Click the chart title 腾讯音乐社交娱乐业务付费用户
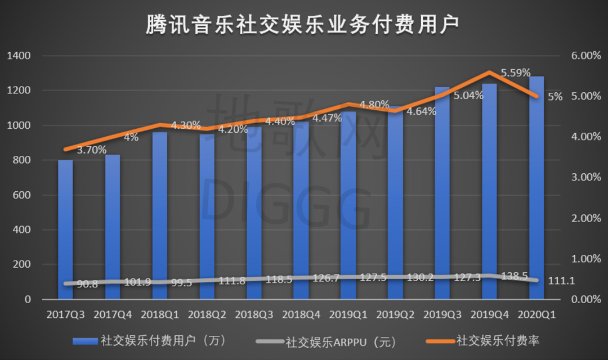pos(303,24)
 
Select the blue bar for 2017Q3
pos(65,225)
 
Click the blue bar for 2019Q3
pos(442,191)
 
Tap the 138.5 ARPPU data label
pos(512,276)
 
